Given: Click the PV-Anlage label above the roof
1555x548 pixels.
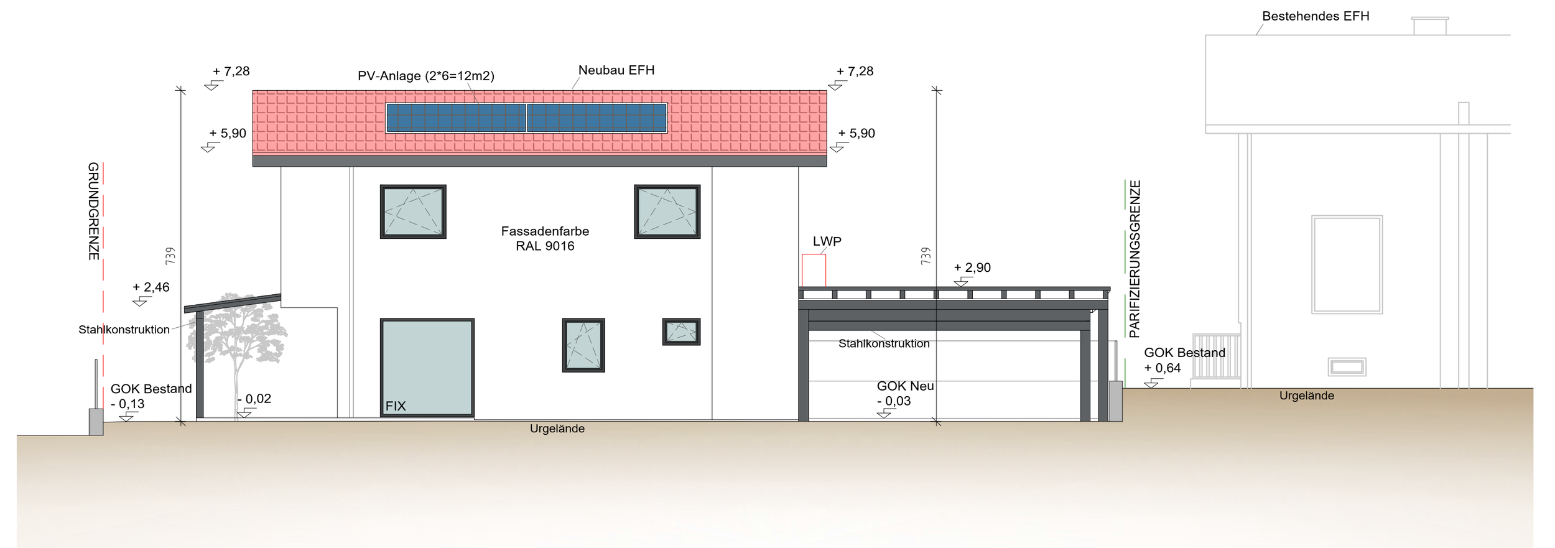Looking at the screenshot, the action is [425, 76].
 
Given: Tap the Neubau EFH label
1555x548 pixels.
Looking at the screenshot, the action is [616, 70].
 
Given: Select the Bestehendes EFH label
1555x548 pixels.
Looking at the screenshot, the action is [1315, 16].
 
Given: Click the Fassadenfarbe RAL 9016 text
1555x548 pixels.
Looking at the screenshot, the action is [545, 238].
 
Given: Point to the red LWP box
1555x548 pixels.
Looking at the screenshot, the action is [813, 270].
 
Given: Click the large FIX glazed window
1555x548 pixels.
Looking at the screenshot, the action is [427, 367].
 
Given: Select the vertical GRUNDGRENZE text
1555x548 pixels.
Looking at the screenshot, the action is [93, 211].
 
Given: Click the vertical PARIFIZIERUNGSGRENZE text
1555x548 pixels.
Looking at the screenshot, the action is [1135, 259].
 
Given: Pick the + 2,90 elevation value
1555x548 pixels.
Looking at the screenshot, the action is [972, 267].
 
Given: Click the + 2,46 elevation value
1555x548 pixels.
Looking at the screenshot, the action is [151, 287].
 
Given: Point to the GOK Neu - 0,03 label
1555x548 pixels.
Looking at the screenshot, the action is [904, 393].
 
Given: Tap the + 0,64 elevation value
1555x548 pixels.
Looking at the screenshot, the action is [1162, 368].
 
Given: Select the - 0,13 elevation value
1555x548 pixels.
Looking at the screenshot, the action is [128, 404].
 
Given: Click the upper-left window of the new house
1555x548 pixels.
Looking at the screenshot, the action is [413, 211].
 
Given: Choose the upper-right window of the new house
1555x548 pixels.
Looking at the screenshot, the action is [667, 211].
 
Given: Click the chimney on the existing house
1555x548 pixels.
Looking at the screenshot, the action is [1429, 26].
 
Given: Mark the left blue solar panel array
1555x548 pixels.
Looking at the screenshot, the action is [456, 118].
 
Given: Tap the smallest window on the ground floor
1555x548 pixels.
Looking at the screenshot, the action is [681, 332].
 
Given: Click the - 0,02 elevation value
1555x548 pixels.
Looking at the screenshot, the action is [254, 399].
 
